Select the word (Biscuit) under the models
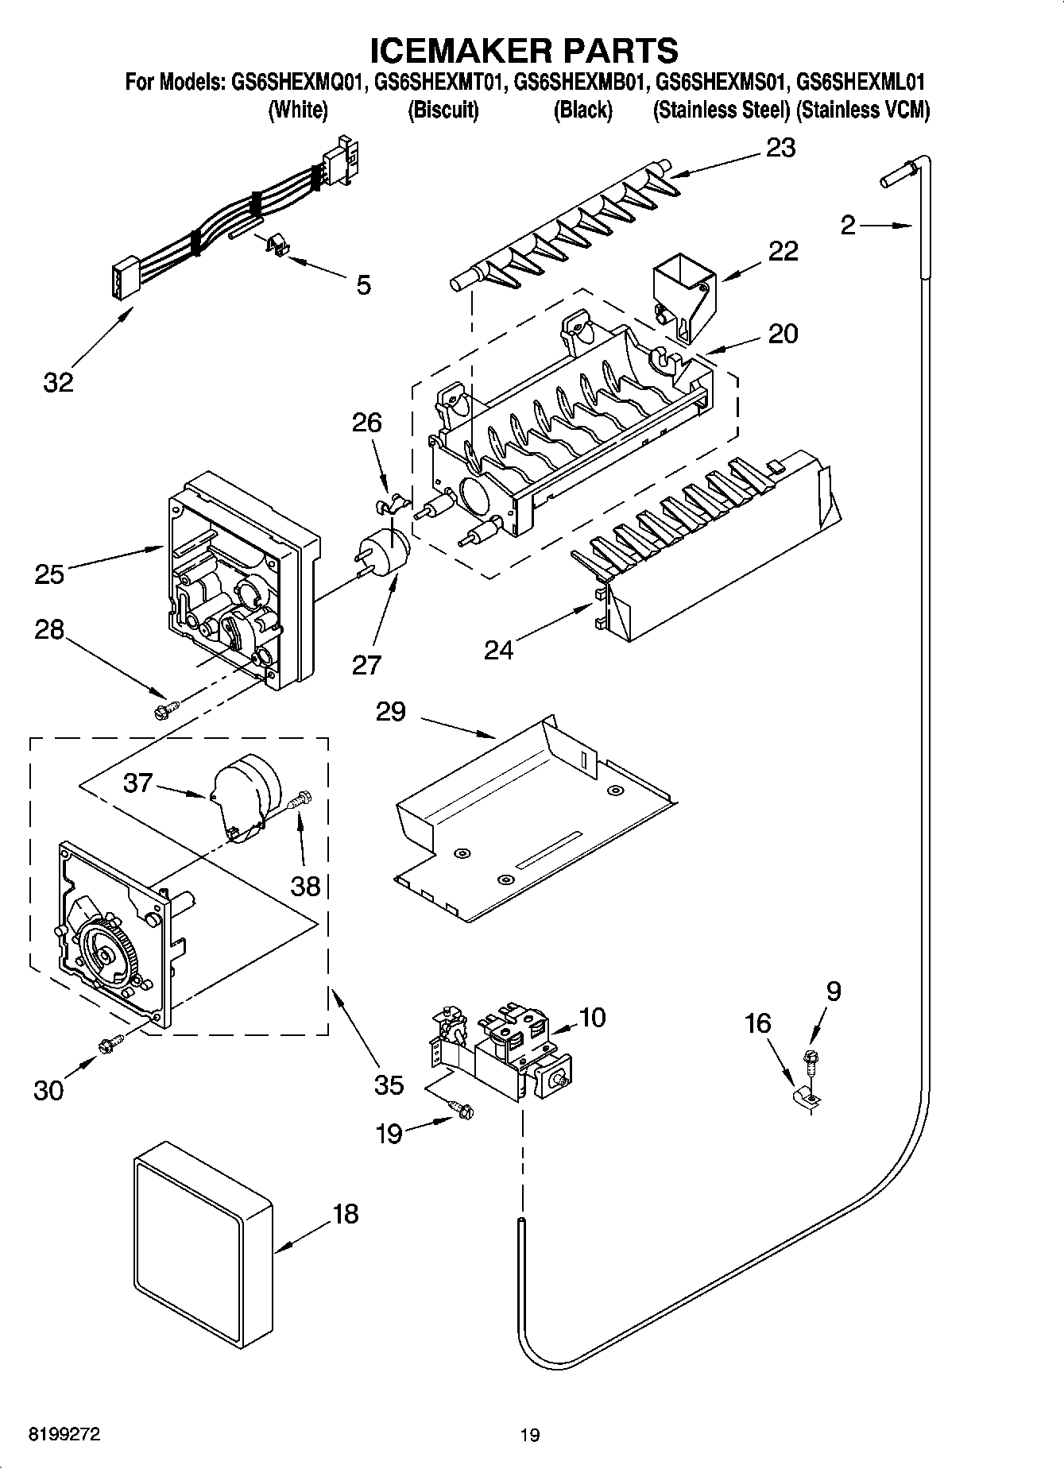443,110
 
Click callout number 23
780,149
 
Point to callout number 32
57,382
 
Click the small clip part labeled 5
275,245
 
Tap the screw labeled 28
166,709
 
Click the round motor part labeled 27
385,550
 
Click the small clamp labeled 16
807,1098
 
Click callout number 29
391,711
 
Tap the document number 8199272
64,1435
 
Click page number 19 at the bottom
529,1435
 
